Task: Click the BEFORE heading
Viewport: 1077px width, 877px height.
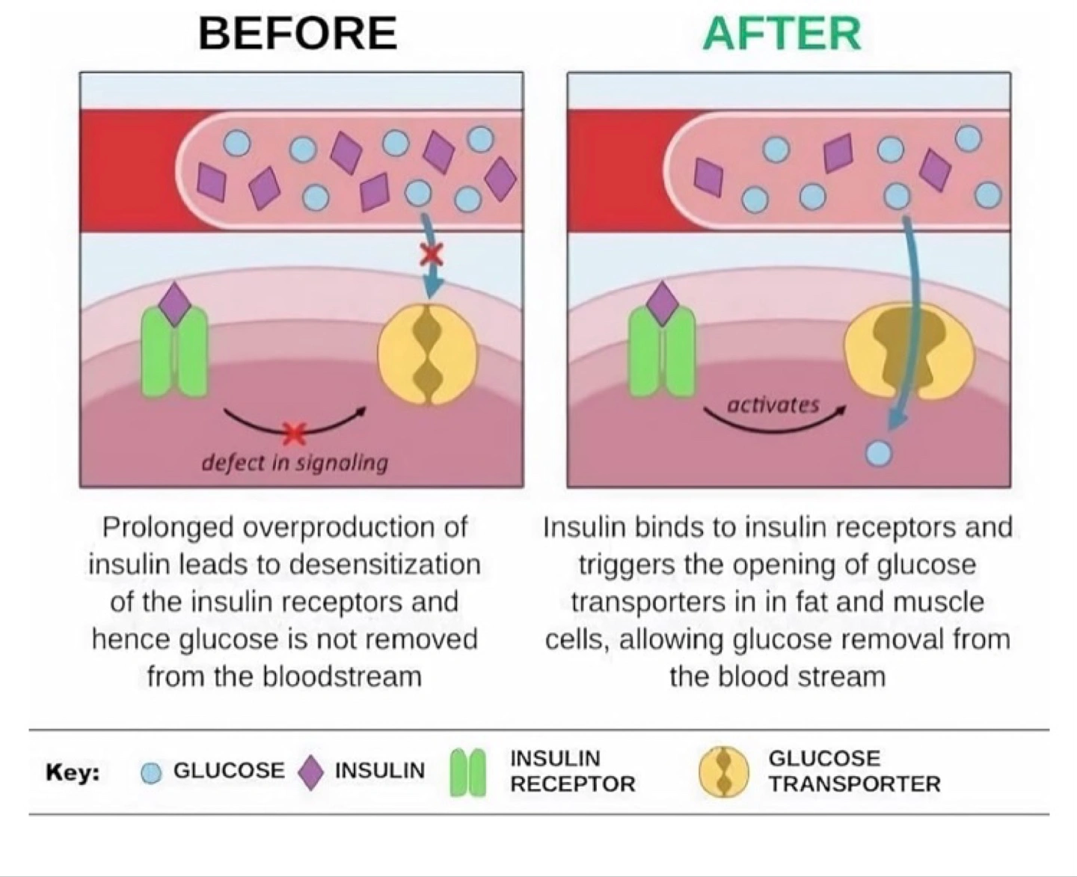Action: (x=298, y=34)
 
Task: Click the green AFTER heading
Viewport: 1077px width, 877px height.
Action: (x=782, y=34)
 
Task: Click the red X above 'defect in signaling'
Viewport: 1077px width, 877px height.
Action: (x=295, y=432)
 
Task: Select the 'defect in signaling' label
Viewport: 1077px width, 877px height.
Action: (x=295, y=463)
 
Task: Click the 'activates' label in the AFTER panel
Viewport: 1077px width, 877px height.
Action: (x=773, y=405)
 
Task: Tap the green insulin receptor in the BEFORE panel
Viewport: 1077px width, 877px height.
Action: (x=174, y=354)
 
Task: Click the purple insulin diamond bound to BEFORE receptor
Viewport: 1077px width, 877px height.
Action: (x=174, y=304)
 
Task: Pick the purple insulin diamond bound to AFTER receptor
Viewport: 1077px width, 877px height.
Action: (x=662, y=303)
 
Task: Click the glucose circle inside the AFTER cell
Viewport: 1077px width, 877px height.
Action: (x=878, y=452)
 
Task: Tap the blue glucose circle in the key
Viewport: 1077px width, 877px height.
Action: (x=151, y=773)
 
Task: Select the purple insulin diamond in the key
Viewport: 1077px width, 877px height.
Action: (x=310, y=772)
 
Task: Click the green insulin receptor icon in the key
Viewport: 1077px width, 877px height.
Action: (x=468, y=773)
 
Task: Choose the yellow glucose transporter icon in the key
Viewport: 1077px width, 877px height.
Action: (x=723, y=772)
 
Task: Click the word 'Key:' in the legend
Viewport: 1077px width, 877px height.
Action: (x=73, y=772)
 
